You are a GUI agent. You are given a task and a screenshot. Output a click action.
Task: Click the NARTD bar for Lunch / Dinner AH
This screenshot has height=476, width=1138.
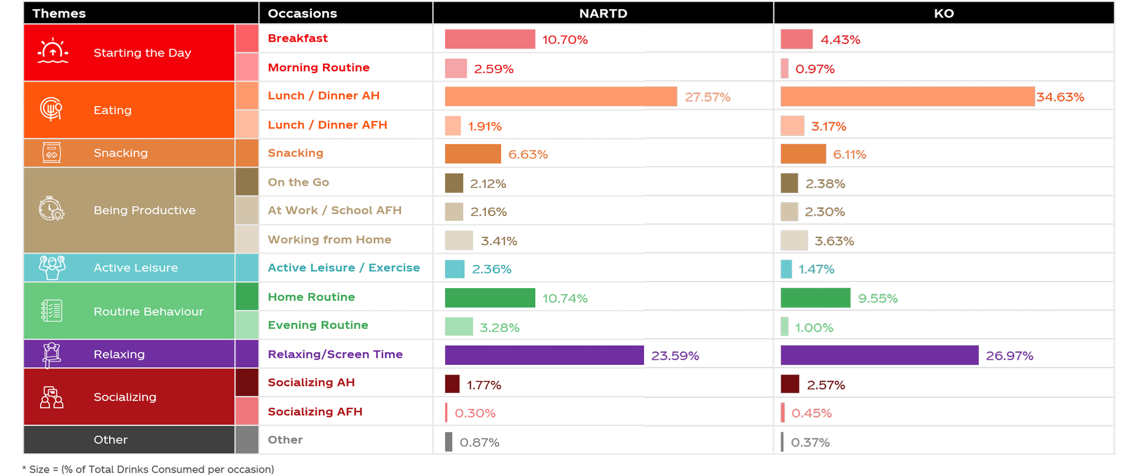[560, 96]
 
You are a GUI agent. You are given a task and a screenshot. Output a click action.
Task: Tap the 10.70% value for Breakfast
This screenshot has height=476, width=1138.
[565, 40]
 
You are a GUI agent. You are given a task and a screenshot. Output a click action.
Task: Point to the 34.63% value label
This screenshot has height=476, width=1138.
[1060, 97]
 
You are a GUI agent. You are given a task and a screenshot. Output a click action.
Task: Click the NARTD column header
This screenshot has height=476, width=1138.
[603, 13]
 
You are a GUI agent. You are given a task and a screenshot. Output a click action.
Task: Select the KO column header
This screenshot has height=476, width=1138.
[944, 13]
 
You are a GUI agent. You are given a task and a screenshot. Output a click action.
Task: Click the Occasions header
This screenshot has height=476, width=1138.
[302, 13]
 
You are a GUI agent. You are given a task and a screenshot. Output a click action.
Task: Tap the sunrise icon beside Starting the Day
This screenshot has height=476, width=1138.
[53, 51]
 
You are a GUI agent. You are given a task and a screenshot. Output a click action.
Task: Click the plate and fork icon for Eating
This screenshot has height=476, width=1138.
[51, 109]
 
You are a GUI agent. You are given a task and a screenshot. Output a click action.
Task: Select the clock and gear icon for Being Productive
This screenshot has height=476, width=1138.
[51, 209]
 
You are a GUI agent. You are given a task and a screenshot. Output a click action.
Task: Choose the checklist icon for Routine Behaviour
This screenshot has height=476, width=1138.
[52, 311]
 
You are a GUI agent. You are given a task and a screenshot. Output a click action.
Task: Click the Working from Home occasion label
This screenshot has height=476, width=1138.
[329, 240]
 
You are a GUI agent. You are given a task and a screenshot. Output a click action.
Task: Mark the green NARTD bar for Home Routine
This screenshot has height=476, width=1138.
[490, 297]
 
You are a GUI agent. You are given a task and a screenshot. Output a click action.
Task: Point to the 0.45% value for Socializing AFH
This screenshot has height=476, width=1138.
[811, 413]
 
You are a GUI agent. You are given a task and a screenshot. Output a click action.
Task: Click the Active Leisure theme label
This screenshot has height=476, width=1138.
[136, 268]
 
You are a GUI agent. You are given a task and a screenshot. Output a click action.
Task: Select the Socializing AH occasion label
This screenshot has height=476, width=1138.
[311, 382]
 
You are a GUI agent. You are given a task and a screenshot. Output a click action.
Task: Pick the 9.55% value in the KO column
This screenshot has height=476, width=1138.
[877, 299]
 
